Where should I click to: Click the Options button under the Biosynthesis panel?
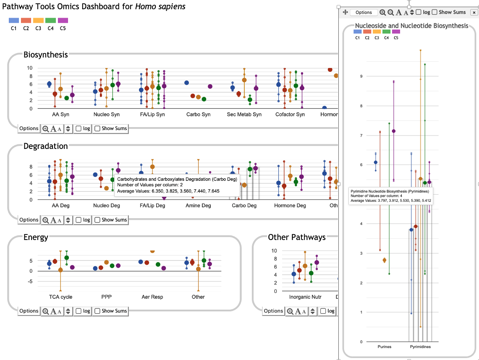[x=29, y=128]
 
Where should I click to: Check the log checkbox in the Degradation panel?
[x=79, y=220]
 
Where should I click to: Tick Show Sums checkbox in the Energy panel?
[x=97, y=311]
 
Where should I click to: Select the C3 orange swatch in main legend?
[x=38, y=20]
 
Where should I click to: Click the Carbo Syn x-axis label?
[x=198, y=115]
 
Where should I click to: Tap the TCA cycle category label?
[x=60, y=297]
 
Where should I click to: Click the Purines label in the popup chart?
[x=385, y=347]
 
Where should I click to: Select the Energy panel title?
[x=36, y=237]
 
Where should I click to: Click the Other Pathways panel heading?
[x=296, y=237]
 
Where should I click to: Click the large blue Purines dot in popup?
[x=376, y=162]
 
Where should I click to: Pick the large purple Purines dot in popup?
[x=393, y=131]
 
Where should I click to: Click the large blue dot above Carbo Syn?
[x=186, y=83]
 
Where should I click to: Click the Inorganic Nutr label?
[x=305, y=297]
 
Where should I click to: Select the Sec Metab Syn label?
[x=244, y=115]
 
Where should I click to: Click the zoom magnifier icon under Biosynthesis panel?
[x=45, y=128]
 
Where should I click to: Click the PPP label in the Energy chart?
[x=106, y=297]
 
